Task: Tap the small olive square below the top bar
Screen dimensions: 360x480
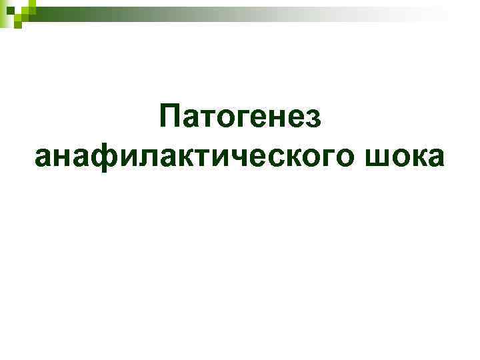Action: [18, 24]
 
